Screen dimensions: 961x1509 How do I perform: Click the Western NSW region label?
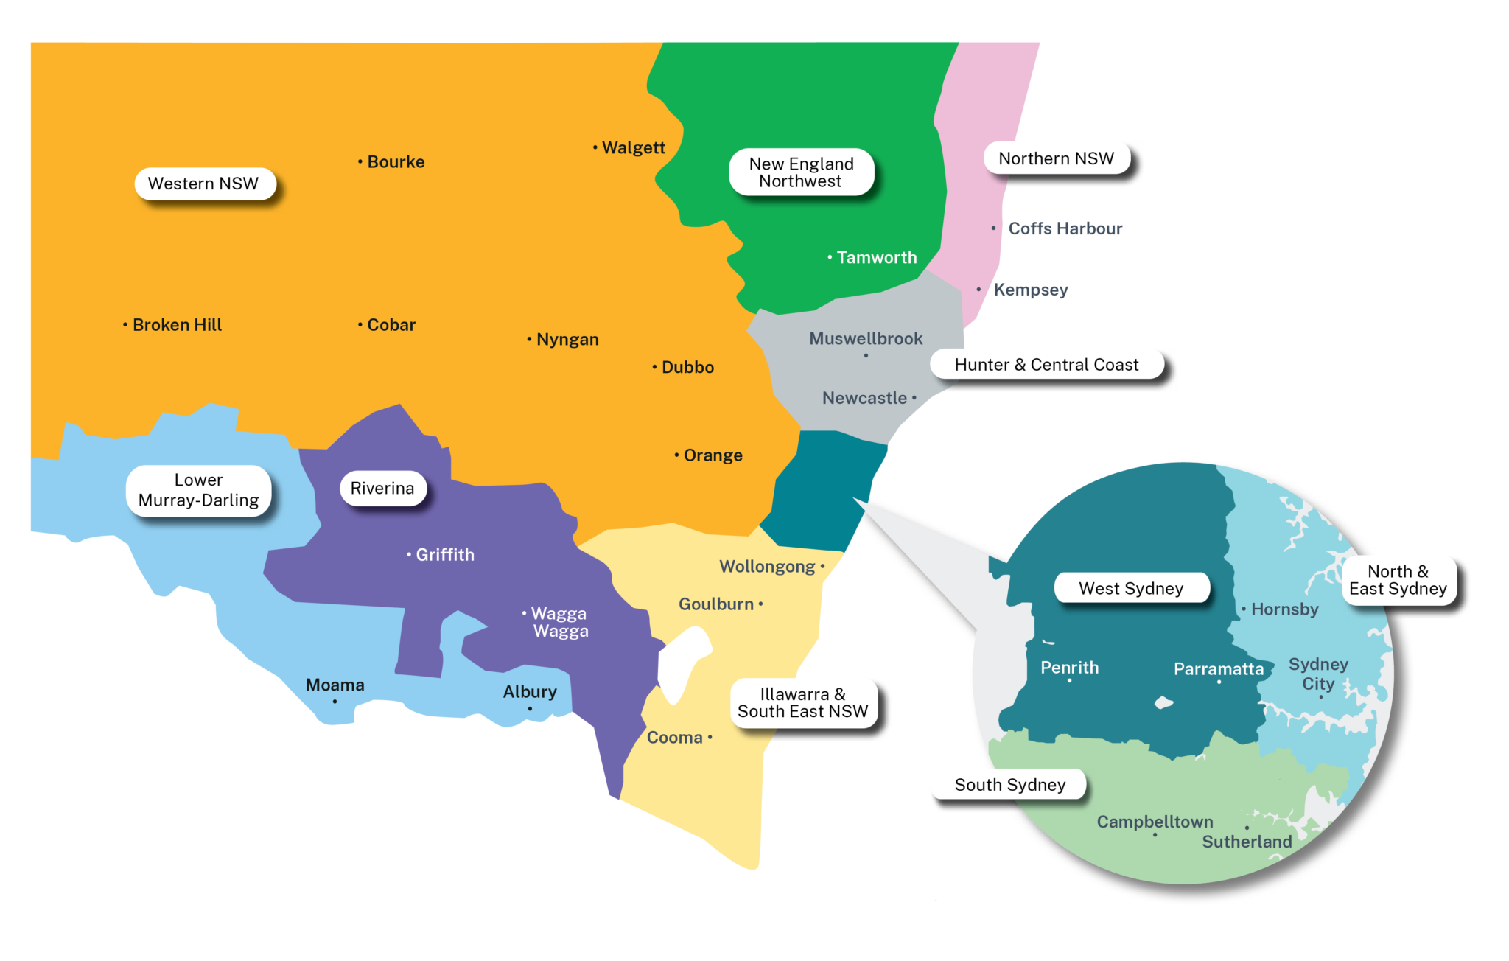coord(203,184)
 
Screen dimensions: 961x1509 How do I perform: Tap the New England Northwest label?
coord(801,172)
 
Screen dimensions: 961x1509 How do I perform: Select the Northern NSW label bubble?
coord(1056,158)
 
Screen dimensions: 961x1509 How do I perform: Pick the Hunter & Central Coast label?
coord(1046,365)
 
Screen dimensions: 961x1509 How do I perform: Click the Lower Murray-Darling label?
coord(198,490)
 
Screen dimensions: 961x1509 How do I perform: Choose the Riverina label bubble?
coord(382,489)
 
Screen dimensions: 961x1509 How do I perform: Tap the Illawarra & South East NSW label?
coord(803,703)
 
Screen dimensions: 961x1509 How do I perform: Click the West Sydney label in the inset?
coord(1131,588)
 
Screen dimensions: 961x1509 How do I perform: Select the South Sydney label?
coord(1009,785)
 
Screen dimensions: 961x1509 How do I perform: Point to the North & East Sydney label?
coord(1398,580)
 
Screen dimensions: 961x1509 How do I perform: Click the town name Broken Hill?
coord(177,325)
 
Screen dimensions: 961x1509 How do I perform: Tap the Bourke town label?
coord(396,162)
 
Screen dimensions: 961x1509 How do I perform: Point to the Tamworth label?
coord(877,258)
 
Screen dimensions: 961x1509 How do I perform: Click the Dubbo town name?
coord(687,367)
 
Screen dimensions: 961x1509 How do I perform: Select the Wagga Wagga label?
coord(560,622)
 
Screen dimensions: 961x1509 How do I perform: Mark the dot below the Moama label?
coord(335,702)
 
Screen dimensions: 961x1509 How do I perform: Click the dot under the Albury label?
coord(530,709)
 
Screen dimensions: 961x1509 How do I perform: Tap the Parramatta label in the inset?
coord(1219,669)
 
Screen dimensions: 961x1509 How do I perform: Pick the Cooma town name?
coord(675,738)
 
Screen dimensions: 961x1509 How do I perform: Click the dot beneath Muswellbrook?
coord(866,356)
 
